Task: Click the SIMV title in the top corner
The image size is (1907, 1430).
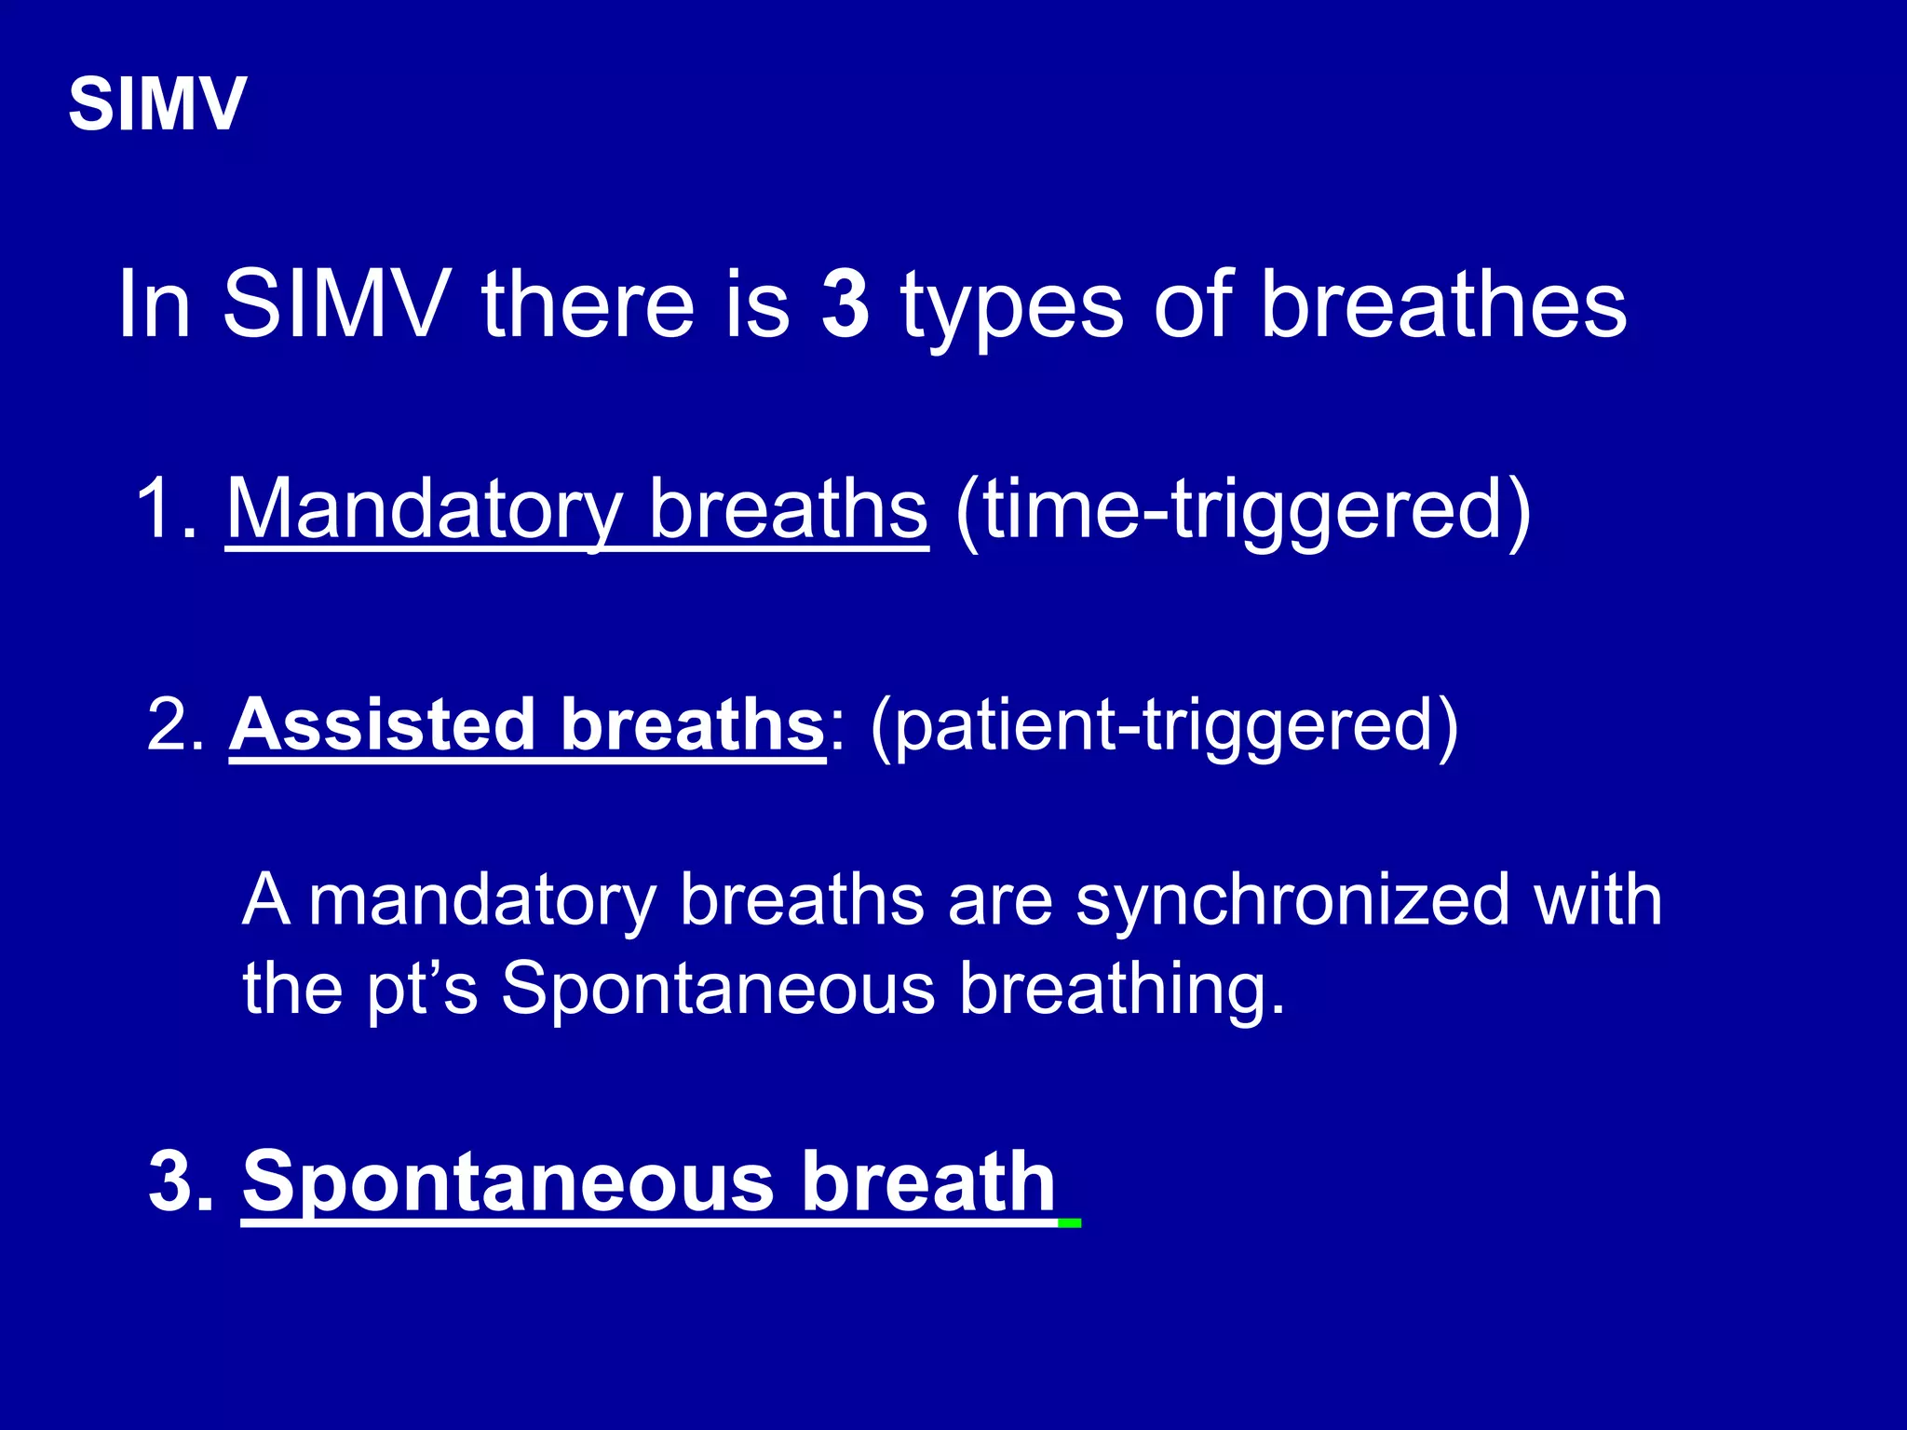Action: click(157, 104)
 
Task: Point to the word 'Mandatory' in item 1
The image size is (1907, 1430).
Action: click(425, 510)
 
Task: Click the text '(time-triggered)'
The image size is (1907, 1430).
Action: click(1243, 510)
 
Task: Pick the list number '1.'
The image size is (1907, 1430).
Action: click(167, 510)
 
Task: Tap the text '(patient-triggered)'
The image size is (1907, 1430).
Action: click(1164, 726)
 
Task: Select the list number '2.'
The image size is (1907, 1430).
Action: click(176, 725)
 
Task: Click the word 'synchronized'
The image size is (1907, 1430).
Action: click(1292, 901)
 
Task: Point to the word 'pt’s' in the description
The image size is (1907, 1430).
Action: click(422, 990)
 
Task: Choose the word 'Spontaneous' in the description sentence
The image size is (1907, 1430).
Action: click(718, 989)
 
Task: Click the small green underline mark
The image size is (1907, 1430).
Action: click(1070, 1222)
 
